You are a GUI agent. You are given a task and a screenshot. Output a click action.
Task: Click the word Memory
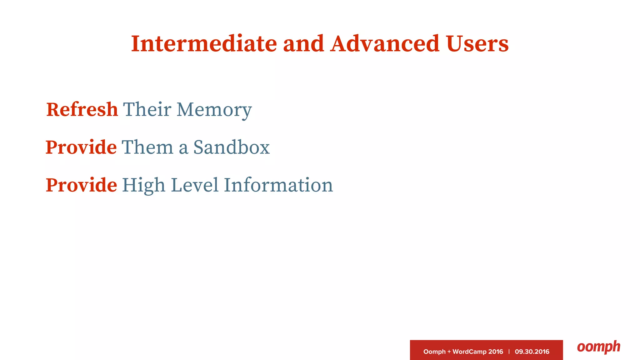click(x=214, y=110)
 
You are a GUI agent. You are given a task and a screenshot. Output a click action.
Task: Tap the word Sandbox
click(x=231, y=147)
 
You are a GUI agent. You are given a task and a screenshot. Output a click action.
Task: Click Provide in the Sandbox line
click(x=81, y=147)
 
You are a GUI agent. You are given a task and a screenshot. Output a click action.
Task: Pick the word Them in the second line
click(x=147, y=147)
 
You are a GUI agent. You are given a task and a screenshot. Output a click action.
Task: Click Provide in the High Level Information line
click(x=81, y=185)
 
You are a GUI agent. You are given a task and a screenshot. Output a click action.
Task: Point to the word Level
click(x=195, y=185)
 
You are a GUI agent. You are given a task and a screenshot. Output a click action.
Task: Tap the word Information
click(x=278, y=185)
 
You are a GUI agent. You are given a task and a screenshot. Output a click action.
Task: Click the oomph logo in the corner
click(x=598, y=347)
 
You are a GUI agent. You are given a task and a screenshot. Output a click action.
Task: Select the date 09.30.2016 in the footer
click(x=532, y=352)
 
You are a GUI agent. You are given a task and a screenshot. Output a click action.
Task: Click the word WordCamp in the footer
click(x=469, y=352)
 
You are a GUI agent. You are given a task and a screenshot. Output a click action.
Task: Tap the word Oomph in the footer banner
click(x=434, y=352)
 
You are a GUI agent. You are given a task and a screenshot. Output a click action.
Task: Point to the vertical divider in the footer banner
click(x=509, y=352)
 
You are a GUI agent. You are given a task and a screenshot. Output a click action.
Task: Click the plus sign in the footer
click(x=449, y=352)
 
